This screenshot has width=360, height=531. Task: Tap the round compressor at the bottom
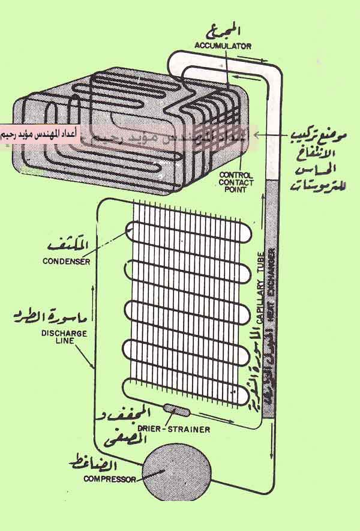click(178, 473)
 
